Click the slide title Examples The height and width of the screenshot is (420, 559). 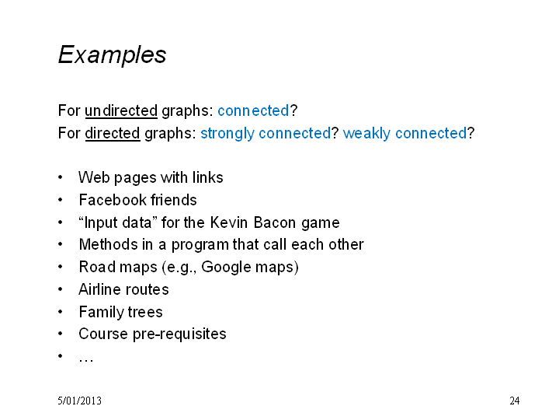[x=112, y=54]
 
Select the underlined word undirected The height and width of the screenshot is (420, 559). [x=121, y=110]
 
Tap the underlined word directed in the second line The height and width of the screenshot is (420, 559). [x=113, y=133]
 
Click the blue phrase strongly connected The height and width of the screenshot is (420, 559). [x=266, y=134]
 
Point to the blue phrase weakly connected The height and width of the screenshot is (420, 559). [x=404, y=134]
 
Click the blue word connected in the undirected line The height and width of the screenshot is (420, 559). [x=253, y=110]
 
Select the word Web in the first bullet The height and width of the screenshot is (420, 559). [x=94, y=177]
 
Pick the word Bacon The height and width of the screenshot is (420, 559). [x=275, y=222]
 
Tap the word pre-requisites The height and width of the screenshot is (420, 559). [x=179, y=334]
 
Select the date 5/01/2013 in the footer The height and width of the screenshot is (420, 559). [x=79, y=401]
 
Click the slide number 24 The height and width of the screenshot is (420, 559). [x=515, y=401]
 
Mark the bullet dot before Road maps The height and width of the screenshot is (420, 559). [x=61, y=267]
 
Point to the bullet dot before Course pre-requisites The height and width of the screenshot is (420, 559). [x=61, y=334]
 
